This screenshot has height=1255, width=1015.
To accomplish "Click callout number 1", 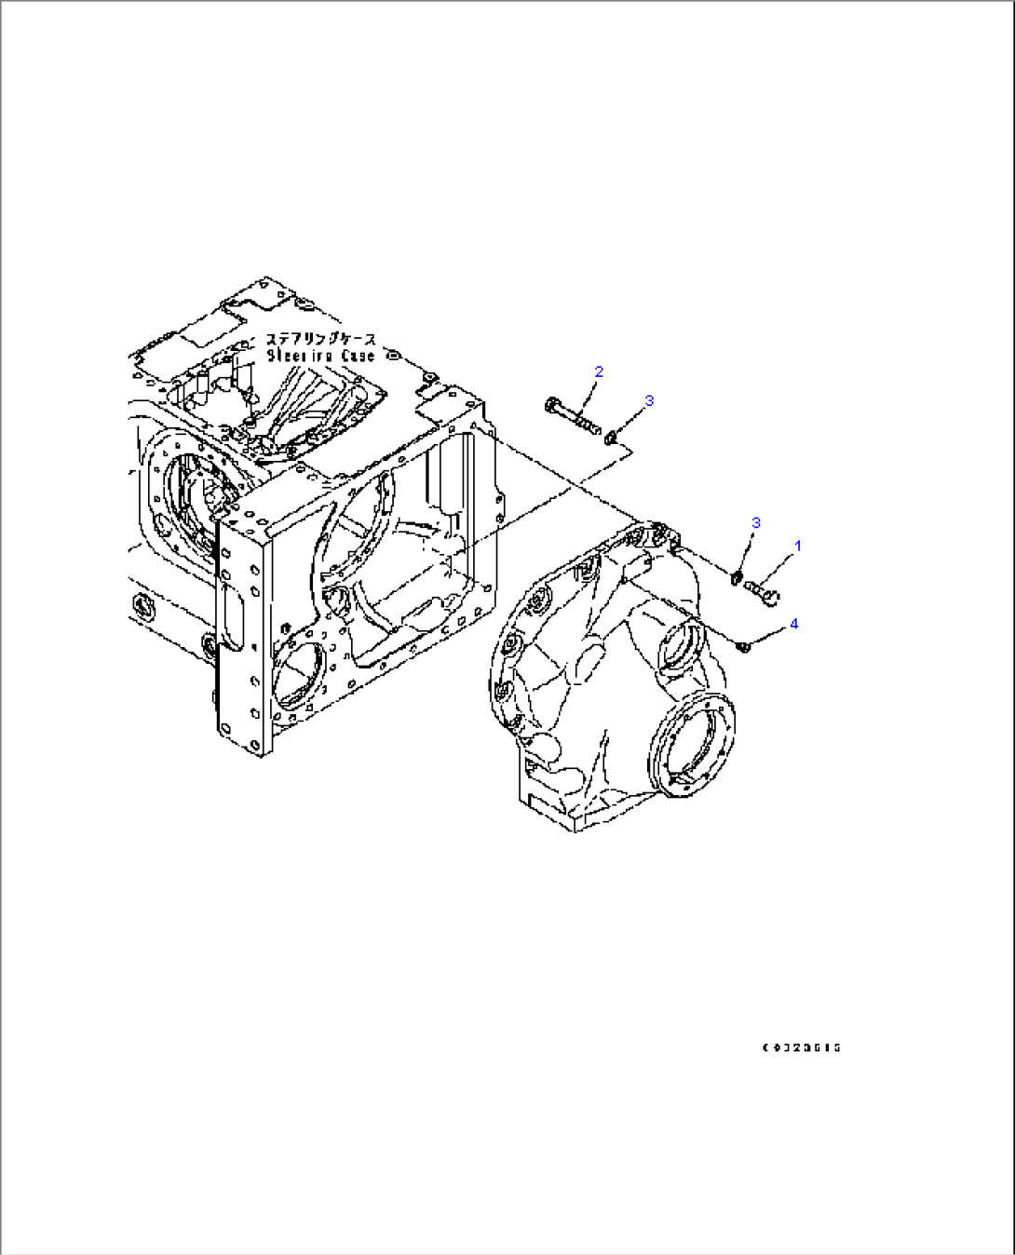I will [797, 546].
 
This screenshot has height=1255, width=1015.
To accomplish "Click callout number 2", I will [599, 371].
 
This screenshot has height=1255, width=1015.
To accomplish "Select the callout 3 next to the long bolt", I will [649, 400].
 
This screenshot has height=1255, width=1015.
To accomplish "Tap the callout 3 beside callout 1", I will [756, 522].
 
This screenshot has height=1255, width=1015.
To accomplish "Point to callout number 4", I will [794, 624].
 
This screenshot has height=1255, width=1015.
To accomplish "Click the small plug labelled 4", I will [742, 645].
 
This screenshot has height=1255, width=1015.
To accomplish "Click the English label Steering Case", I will [321, 356].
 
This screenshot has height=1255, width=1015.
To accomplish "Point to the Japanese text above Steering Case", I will [321, 339].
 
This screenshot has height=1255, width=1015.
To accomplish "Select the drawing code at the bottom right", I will [801, 1047].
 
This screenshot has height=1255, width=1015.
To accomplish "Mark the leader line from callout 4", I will [769, 635].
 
